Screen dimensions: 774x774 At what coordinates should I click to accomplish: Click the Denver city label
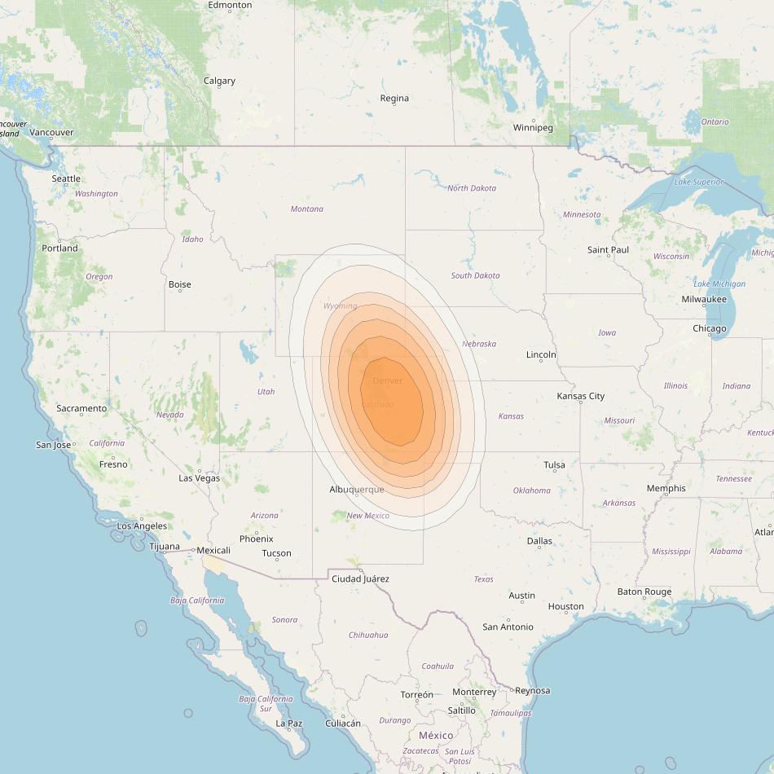click(x=387, y=380)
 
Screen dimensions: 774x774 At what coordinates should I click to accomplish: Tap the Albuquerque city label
click(x=356, y=489)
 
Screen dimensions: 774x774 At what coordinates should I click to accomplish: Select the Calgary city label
click(x=219, y=81)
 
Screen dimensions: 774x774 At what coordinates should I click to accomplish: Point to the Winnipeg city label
click(x=533, y=128)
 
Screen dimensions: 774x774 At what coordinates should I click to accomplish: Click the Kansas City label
click(x=580, y=396)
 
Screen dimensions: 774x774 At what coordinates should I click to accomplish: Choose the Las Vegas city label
click(x=199, y=477)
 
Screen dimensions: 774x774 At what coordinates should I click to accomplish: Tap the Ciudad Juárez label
click(x=360, y=578)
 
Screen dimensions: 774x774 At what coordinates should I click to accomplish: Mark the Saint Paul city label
click(x=608, y=249)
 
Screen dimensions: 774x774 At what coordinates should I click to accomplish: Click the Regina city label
click(x=394, y=98)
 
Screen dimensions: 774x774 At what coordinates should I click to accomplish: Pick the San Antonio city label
click(x=508, y=627)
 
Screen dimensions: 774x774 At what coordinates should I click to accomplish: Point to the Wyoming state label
click(x=340, y=306)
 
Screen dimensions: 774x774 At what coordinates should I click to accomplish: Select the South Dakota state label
click(x=475, y=275)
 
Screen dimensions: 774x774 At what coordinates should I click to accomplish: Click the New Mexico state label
click(x=367, y=516)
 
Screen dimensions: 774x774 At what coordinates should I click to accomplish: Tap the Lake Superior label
click(x=698, y=182)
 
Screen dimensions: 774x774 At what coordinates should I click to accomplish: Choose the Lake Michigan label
click(x=719, y=284)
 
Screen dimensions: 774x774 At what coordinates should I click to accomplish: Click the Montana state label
click(x=306, y=209)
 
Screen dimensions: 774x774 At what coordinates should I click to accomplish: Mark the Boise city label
click(x=179, y=284)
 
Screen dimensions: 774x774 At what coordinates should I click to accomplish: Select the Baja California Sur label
click(x=266, y=704)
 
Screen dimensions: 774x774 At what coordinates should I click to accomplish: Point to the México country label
click(x=436, y=735)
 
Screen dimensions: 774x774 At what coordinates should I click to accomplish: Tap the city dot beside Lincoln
click(x=541, y=360)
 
